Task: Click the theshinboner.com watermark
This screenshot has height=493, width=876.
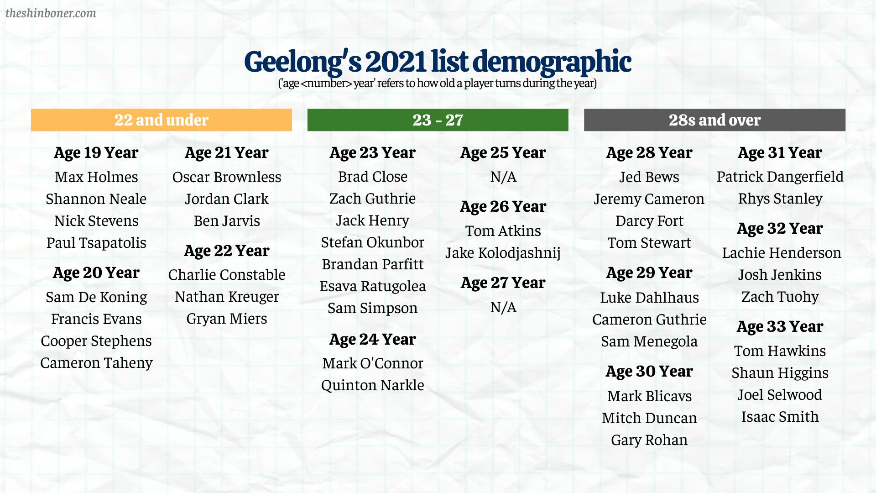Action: tap(51, 13)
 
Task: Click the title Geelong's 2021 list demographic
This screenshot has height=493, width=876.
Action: tap(438, 62)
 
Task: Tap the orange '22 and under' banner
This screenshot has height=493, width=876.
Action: tap(162, 120)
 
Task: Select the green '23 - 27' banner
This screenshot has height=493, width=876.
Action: tap(438, 120)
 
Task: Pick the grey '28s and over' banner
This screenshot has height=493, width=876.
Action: tap(714, 120)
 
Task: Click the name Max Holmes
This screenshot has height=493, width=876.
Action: tap(96, 177)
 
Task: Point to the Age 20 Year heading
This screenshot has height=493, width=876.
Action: tap(96, 273)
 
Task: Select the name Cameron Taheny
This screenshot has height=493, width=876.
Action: tap(96, 363)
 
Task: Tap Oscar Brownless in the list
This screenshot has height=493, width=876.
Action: tap(227, 177)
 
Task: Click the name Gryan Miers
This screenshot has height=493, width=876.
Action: tap(227, 319)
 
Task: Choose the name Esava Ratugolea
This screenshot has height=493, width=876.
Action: tap(373, 286)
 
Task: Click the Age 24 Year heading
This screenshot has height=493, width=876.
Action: tap(373, 340)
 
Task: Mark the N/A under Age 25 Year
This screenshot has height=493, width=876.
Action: tap(503, 177)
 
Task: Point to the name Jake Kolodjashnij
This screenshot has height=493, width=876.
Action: tap(503, 253)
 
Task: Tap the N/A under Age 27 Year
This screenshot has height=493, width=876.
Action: tap(503, 307)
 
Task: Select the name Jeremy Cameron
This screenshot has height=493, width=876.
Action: tap(649, 199)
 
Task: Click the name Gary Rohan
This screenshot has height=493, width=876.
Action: tap(649, 440)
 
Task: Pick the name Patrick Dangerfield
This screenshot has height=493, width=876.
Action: tap(780, 177)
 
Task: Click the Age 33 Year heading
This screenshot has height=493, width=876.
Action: tap(780, 327)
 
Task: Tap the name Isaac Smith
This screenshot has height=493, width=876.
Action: tap(780, 417)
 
